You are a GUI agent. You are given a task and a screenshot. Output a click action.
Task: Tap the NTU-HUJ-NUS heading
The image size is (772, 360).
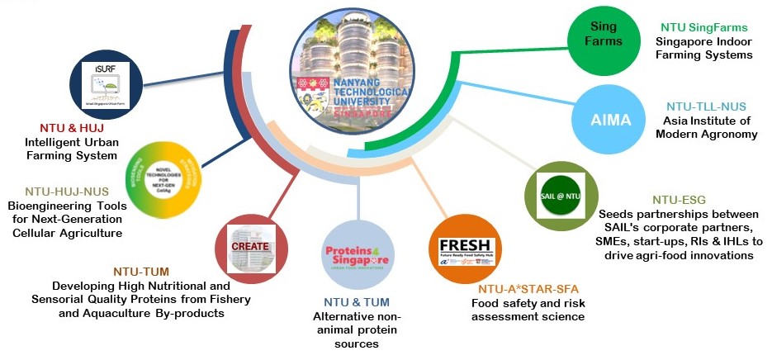[x=67, y=191]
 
